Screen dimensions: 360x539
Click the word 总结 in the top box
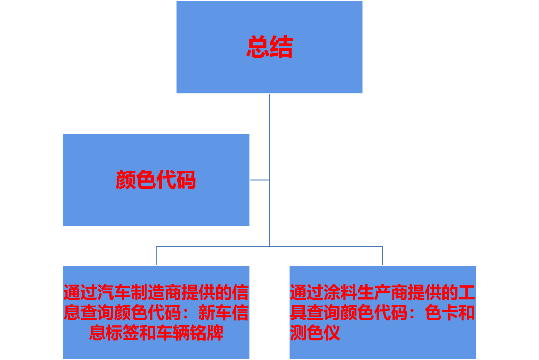tap(269, 47)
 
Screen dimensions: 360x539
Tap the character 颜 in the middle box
tap(126, 180)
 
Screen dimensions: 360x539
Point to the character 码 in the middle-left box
tap(186, 180)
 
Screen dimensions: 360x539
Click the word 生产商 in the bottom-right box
tap(382, 292)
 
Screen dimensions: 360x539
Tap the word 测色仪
tap(315, 333)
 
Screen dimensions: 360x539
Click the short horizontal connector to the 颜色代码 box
tap(260, 180)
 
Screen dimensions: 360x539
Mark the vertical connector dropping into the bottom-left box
tap(156, 256)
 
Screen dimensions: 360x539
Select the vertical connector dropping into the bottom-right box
tap(382, 256)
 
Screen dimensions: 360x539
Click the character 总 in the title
tap(258, 47)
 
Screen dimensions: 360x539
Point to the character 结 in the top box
tap(281, 47)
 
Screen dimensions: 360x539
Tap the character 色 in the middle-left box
tap(146, 180)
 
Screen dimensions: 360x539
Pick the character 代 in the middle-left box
tap(166, 180)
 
